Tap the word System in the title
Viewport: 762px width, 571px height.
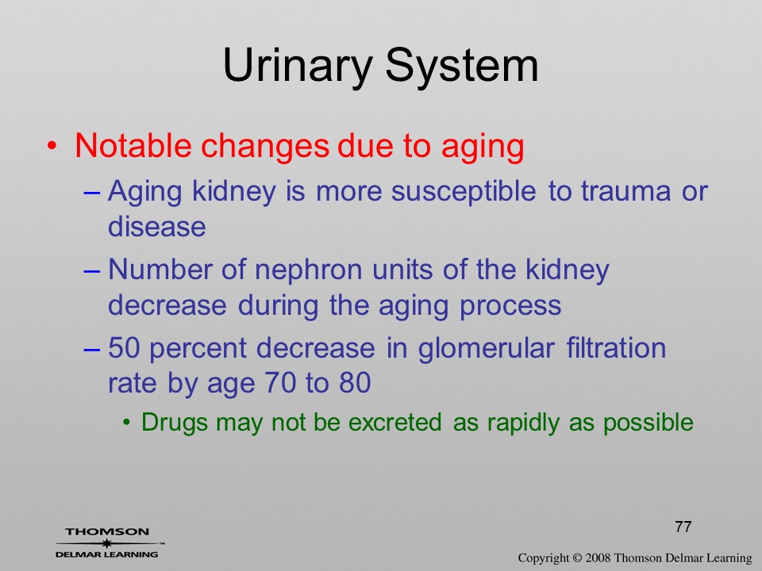(462, 67)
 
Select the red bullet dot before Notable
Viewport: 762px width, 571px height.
(52, 146)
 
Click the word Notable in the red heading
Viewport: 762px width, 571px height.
(133, 145)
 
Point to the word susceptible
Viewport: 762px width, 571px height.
(464, 192)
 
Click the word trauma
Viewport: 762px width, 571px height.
(625, 191)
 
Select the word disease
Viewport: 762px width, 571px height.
(157, 226)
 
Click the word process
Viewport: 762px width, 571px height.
(510, 307)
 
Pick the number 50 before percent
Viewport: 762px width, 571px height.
(124, 347)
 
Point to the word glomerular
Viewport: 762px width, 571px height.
(486, 349)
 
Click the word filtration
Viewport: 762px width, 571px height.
(616, 347)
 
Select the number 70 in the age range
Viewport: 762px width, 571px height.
(280, 382)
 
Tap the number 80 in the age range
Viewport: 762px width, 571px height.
(356, 382)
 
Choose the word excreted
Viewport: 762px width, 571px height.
(395, 422)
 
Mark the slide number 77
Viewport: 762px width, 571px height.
(683, 527)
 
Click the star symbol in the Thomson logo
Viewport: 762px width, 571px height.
(106, 543)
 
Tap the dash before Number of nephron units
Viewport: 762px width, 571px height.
(92, 270)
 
